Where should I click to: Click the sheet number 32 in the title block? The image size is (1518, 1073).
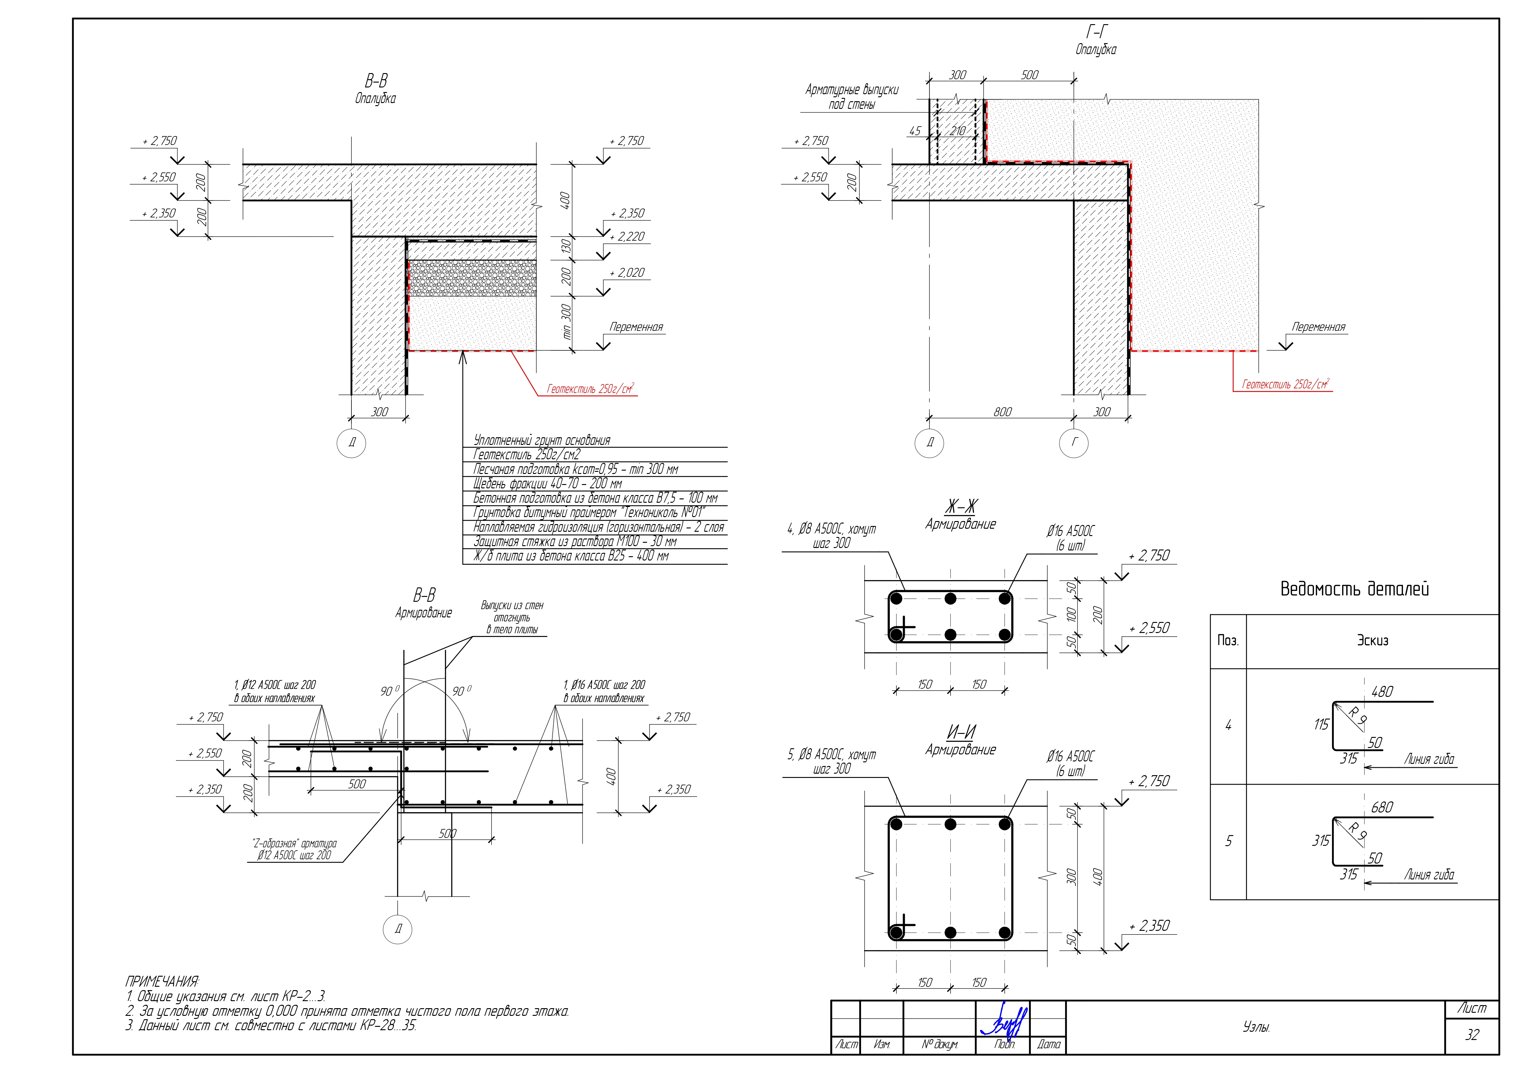(1472, 1035)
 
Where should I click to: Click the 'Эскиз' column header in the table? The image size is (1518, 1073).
(1372, 641)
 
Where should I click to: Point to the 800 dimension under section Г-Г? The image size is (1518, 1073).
(1002, 412)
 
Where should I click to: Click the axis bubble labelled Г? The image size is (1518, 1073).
(1074, 443)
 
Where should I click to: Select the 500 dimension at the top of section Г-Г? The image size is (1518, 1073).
(1030, 75)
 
